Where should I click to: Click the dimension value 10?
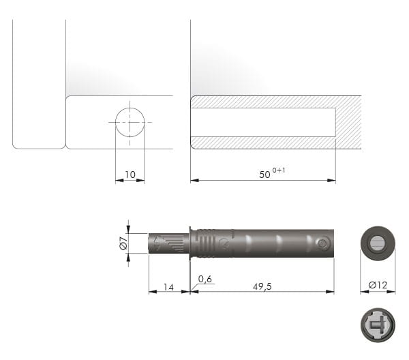coord(130,175)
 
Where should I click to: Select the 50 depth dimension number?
coord(264,175)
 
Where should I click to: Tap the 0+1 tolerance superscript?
coord(279,170)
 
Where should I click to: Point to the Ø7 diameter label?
coord(123,243)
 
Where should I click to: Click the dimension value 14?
coord(168,287)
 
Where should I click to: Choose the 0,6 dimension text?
coord(205,279)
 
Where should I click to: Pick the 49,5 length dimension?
coord(262,286)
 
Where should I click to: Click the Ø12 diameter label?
coord(378,285)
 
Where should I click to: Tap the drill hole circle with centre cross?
coord(130,122)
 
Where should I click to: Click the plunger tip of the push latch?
coord(168,243)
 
